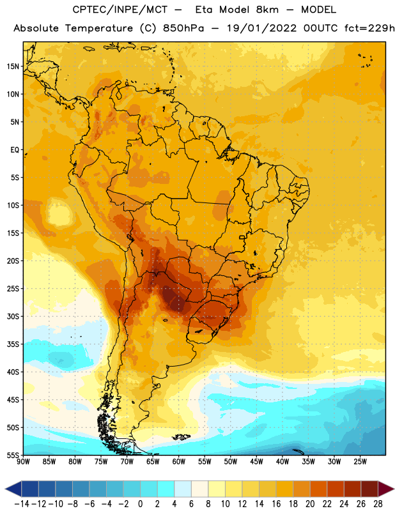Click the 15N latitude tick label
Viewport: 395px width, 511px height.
click(x=13, y=66)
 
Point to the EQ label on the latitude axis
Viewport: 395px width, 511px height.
click(x=15, y=150)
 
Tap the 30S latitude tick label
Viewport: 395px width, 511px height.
click(x=13, y=316)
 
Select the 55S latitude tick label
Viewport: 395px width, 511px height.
click(x=13, y=455)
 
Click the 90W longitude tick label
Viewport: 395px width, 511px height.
click(x=23, y=461)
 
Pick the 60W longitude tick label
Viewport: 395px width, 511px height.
click(x=179, y=461)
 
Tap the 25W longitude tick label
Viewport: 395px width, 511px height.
click(x=360, y=461)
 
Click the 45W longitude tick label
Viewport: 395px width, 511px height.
click(x=256, y=461)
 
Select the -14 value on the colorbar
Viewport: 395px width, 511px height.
click(x=22, y=504)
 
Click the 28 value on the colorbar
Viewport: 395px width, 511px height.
click(x=378, y=504)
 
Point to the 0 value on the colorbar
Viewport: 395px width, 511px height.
click(x=141, y=504)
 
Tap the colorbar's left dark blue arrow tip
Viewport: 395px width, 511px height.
click(x=6, y=489)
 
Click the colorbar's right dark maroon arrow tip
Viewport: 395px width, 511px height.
click(x=394, y=489)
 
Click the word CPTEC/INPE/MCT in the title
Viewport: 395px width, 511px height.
click(x=120, y=10)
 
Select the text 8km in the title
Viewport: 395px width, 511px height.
click(x=267, y=10)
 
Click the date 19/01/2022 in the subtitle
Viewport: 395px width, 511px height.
click(x=261, y=28)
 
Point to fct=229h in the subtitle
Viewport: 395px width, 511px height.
click(x=369, y=28)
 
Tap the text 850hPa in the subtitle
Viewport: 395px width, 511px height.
click(x=183, y=28)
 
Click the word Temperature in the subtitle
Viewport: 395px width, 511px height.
click(x=99, y=28)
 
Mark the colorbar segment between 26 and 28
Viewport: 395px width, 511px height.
click(x=369, y=489)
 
